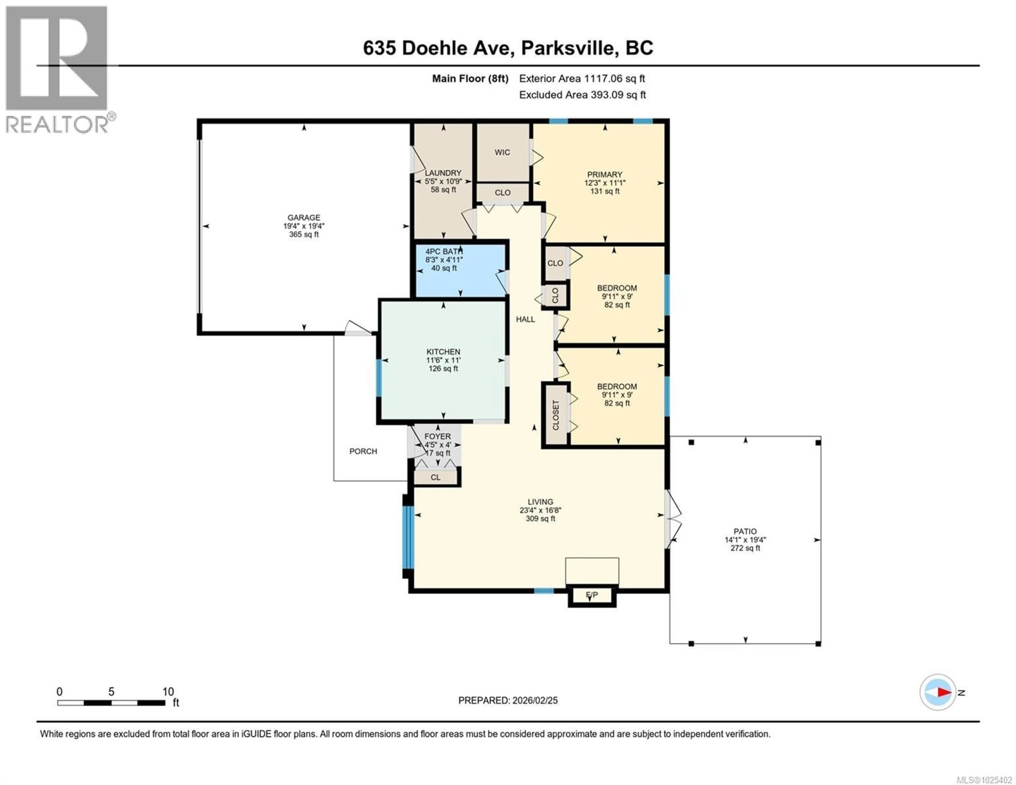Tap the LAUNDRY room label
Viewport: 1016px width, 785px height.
click(443, 173)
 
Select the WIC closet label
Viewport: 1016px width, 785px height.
click(502, 152)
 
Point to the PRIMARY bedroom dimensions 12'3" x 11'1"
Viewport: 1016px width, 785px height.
click(605, 183)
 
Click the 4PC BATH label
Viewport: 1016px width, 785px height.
click(443, 251)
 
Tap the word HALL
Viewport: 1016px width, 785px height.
click(525, 319)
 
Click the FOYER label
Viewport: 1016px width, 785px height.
click(437, 437)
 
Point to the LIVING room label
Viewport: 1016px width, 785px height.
click(540, 502)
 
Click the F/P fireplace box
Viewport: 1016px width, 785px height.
click(592, 595)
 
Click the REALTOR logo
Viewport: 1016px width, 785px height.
click(57, 70)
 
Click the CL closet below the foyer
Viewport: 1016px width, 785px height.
click(436, 477)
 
